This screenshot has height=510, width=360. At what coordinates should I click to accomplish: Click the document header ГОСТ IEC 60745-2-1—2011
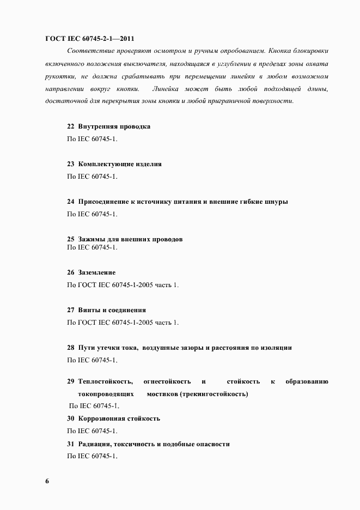click(x=89, y=39)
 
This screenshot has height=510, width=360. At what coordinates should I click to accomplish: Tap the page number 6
click(x=47, y=481)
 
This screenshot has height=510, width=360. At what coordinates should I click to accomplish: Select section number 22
click(x=70, y=126)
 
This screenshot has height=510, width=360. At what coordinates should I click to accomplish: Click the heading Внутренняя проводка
click(x=114, y=126)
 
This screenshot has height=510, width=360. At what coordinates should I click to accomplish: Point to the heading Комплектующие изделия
click(x=120, y=164)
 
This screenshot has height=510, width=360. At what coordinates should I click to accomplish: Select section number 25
click(x=70, y=239)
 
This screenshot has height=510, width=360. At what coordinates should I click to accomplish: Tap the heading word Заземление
click(x=97, y=272)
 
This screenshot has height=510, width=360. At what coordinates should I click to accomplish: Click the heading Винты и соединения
click(x=112, y=310)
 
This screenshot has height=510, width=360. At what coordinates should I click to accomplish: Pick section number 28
click(x=70, y=348)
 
